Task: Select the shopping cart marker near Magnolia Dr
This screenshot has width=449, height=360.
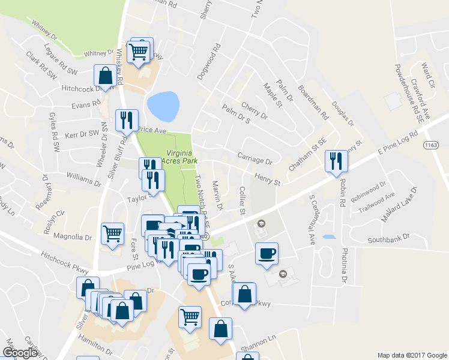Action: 112,233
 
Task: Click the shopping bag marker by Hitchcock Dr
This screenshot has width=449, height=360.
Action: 105,76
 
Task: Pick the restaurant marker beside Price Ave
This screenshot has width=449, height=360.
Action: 126,119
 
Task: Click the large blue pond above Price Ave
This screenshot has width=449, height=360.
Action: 163,106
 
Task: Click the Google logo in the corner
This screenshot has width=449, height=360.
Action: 20,353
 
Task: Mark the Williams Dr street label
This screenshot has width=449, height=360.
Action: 84,178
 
